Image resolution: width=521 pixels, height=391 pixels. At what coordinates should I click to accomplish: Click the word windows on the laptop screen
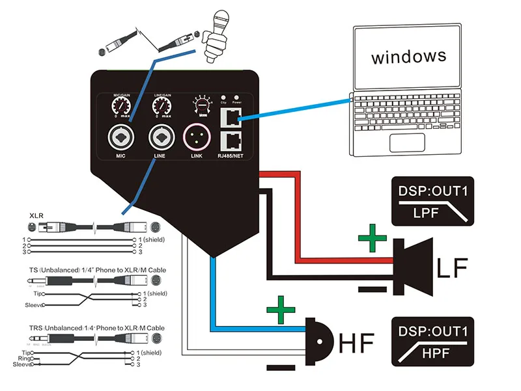(408, 56)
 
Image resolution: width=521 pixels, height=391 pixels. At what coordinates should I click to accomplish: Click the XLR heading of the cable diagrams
(37, 215)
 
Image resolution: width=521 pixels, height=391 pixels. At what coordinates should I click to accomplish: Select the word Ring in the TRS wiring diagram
(24, 358)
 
